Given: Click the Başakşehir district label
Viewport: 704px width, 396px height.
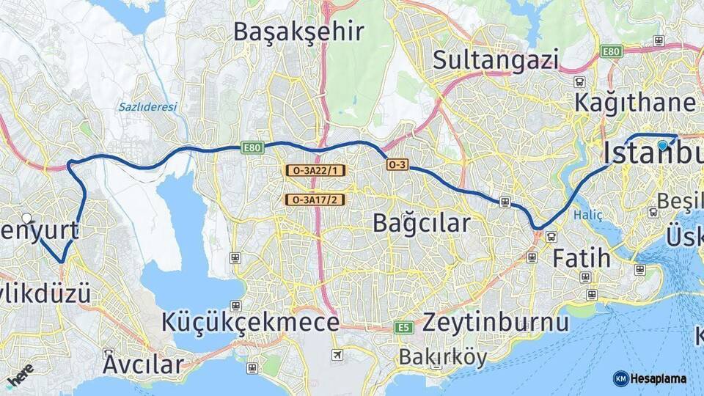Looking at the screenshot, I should tap(298, 32).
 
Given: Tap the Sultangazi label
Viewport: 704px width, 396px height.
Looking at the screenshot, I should tap(496, 59).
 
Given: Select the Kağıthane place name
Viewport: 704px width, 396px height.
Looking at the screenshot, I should tap(634, 102).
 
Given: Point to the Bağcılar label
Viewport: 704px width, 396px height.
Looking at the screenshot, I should tap(421, 223).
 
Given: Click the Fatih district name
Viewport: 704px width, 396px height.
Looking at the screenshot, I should tap(581, 257).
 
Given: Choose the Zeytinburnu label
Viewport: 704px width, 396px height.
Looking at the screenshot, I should tap(496, 323).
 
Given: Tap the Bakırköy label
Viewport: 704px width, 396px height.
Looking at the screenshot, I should tap(443, 357).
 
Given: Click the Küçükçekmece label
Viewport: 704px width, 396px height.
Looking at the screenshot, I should tap(250, 323).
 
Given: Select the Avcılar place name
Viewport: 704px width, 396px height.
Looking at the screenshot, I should tap(143, 364).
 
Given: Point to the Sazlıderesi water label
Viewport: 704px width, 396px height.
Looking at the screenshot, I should tap(147, 107).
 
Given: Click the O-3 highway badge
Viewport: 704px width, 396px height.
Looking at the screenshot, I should tap(397, 165).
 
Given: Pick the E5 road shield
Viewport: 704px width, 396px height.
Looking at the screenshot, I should tap(403, 328).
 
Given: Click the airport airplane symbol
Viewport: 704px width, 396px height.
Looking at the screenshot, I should tap(337, 356).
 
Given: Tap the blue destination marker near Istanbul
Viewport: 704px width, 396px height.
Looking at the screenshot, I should tap(663, 145).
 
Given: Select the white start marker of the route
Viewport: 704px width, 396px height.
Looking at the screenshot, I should tap(27, 218).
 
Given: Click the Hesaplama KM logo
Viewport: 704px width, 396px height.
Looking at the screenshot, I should tap(650, 378).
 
